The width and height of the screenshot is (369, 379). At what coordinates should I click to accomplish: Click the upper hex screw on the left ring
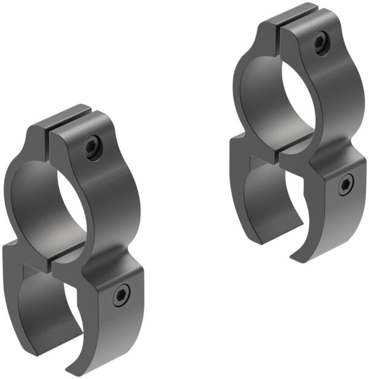pyautogui.click(x=92, y=147)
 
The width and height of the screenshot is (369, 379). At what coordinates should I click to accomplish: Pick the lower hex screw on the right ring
pyautogui.click(x=346, y=184)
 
